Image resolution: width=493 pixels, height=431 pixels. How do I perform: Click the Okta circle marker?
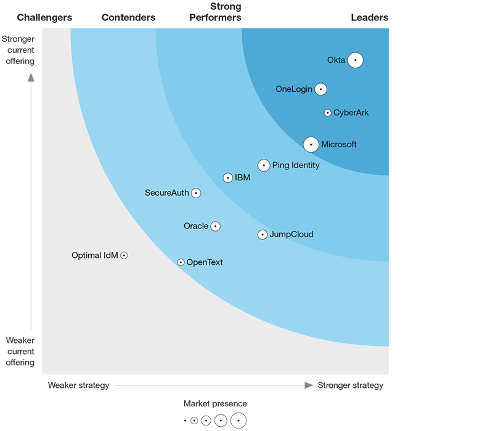point(355,60)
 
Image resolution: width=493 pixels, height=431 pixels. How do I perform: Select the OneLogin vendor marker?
point(320,89)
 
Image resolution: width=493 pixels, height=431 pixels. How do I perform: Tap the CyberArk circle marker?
point(328,113)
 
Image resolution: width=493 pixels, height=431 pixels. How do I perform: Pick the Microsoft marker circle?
point(311,145)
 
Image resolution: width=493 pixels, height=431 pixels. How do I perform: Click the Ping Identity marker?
point(264,165)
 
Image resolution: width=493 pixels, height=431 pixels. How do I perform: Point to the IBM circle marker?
point(228,178)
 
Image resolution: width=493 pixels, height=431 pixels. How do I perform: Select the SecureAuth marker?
point(196,193)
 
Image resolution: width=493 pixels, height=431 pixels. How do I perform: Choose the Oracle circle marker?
point(215,226)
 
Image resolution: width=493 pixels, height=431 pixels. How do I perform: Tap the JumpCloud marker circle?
point(263,235)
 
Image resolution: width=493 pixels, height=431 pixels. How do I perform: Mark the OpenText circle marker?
point(181,262)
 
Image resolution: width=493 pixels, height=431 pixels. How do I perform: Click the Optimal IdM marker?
point(124,255)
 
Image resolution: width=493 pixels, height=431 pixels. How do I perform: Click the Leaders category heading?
point(370,18)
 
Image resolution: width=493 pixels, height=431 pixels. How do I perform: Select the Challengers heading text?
point(44,18)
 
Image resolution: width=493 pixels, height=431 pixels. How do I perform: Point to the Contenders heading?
point(128,18)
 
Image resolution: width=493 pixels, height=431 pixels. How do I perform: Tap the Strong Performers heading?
point(215,12)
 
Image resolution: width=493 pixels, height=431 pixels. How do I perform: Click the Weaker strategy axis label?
point(78,385)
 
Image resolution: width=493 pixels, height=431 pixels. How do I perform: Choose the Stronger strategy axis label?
point(350,385)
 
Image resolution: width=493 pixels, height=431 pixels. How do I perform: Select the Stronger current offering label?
point(20,50)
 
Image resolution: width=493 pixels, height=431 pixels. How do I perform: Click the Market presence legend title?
point(215,404)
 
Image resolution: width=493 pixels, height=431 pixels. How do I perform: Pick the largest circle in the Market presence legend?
point(238,421)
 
